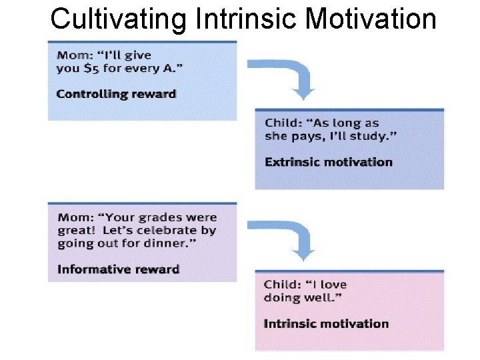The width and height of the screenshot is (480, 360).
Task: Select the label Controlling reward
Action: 116,94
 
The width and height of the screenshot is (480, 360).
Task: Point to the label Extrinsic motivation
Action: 329,162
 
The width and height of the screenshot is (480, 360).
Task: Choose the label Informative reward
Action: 118,270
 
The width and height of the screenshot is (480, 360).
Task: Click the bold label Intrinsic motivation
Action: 326,324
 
